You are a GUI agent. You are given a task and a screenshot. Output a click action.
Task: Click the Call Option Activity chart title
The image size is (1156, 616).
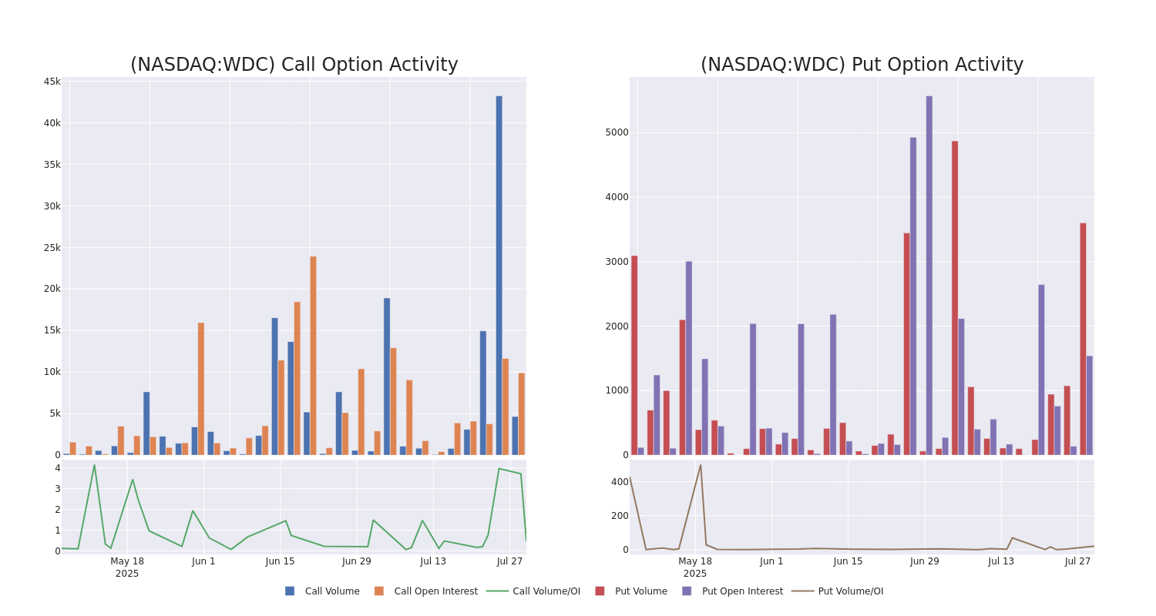294,65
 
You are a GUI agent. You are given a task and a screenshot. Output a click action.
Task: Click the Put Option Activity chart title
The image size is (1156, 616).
862,65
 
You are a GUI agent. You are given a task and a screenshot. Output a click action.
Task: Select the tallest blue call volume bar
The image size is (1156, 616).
499,275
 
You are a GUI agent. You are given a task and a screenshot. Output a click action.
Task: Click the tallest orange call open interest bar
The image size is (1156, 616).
313,355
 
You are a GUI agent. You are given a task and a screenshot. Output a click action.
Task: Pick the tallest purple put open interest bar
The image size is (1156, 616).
929,275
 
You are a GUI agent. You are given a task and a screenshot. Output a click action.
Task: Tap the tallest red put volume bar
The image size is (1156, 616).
955,297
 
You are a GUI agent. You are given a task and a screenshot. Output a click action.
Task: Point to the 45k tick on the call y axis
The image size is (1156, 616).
52,82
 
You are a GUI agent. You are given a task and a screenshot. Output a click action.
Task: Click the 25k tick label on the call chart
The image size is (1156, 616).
52,248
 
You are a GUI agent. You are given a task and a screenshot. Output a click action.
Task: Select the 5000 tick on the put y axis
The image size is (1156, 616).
617,132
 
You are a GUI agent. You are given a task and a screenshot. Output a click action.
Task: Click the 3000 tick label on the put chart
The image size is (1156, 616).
617,262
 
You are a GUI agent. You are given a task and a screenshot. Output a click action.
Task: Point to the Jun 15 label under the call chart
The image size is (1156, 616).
280,561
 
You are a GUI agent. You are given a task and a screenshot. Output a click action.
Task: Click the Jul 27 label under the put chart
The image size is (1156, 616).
1077,561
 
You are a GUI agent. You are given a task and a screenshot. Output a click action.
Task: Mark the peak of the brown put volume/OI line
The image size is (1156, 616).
701,464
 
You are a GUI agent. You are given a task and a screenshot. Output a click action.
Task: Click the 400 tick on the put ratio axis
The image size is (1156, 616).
620,482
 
